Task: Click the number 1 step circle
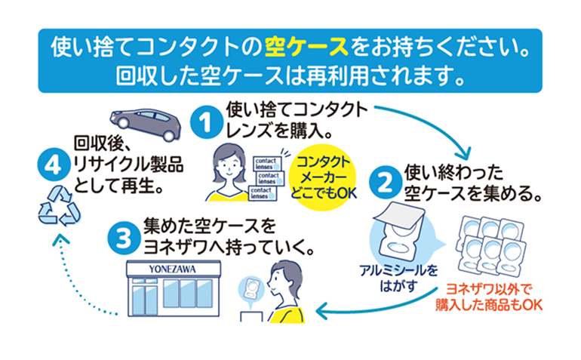click(x=204, y=122)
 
